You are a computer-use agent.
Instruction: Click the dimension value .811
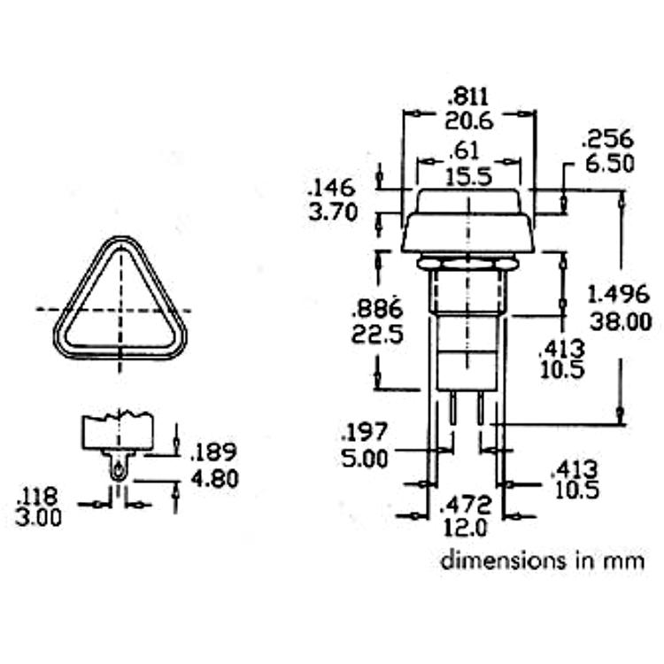coord(468,97)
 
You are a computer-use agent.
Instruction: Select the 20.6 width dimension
coord(469,121)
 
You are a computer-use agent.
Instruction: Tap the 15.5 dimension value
coord(469,176)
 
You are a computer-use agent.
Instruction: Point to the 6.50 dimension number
coord(610,164)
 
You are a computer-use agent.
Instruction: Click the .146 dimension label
coord(331,188)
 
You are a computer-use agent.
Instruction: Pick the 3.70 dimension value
coord(333,212)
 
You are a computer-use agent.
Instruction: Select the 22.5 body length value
coord(378,335)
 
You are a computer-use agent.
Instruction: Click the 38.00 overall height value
coord(621,322)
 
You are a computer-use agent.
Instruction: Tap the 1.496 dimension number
coord(619,294)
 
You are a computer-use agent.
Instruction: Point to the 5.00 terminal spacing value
coord(365,459)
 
